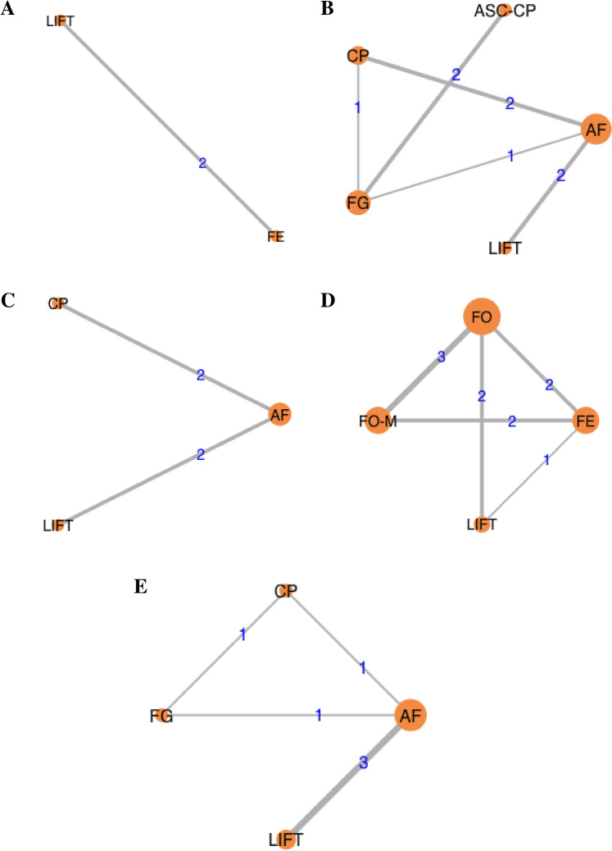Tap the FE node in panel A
275,237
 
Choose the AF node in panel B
595,129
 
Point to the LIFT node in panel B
505,247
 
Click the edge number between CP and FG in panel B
357,107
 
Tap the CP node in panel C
57,303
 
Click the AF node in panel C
280,416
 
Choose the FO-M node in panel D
379,421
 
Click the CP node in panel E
285,591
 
